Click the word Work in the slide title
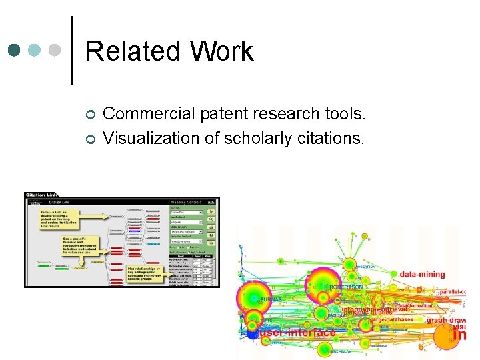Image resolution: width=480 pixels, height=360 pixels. [x=221, y=51]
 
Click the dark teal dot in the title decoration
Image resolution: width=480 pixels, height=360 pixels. [x=15, y=50]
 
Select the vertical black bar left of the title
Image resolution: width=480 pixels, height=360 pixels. [x=72, y=50]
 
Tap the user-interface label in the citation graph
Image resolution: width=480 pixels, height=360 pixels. [x=297, y=332]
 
